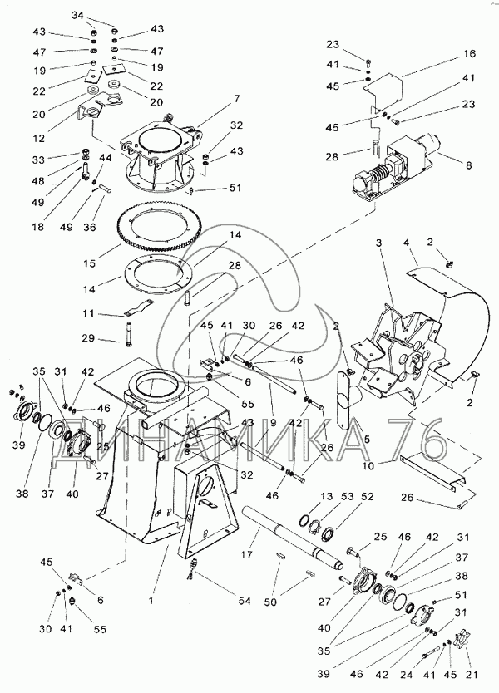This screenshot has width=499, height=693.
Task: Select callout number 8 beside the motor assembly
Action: click(x=468, y=165)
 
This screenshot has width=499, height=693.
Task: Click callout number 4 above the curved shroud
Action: click(x=406, y=242)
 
